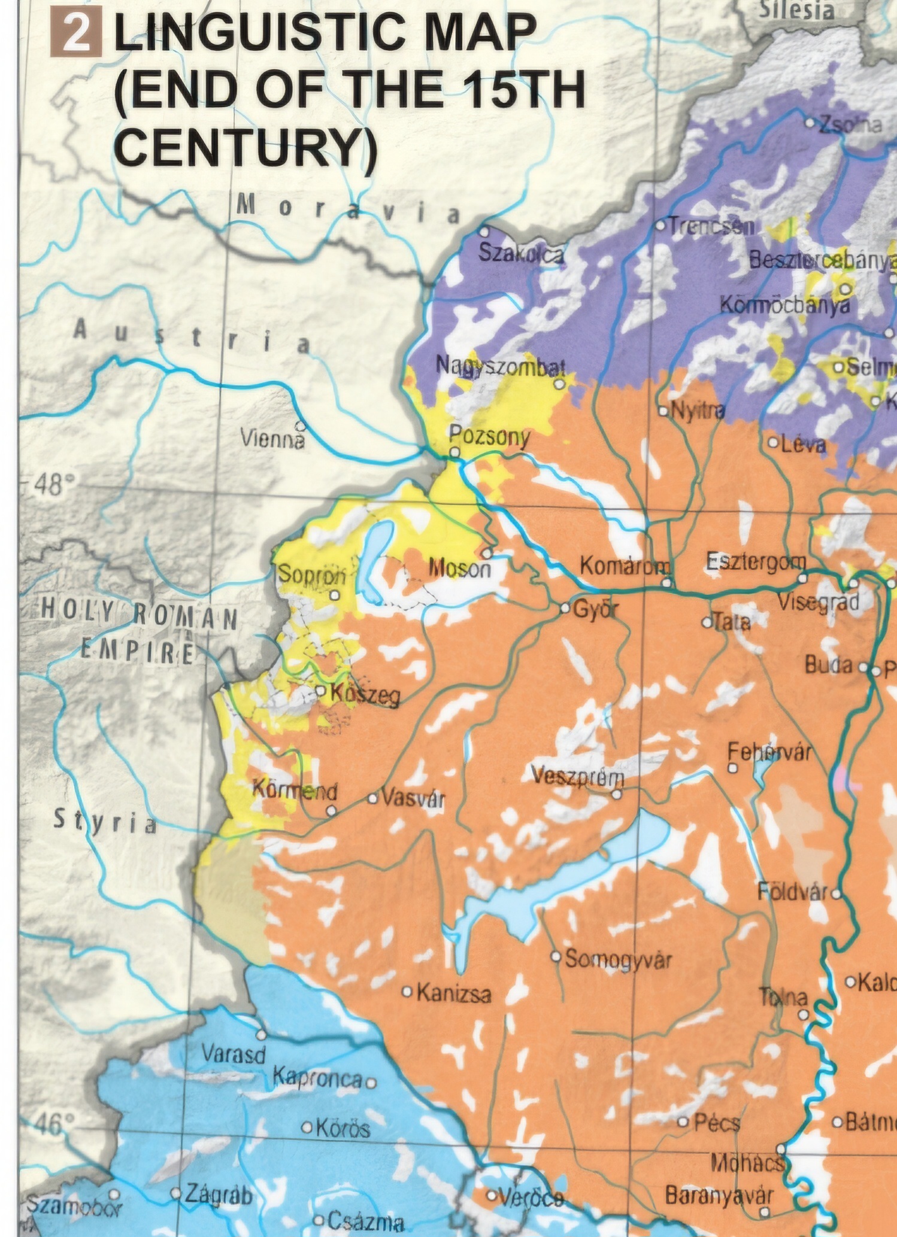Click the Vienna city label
[x=271, y=439]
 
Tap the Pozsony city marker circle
[x=455, y=453]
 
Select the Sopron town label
[x=312, y=575]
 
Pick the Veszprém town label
[x=577, y=777]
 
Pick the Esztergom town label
[x=756, y=561]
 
